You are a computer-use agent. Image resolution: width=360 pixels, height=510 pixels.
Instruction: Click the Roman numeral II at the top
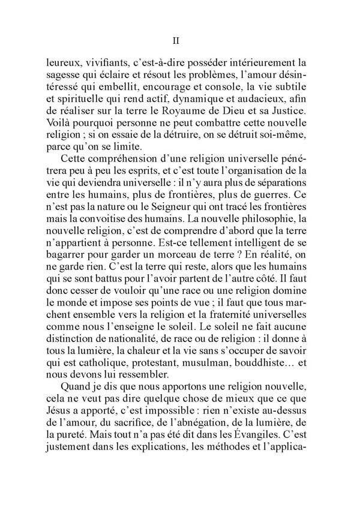(176, 41)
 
